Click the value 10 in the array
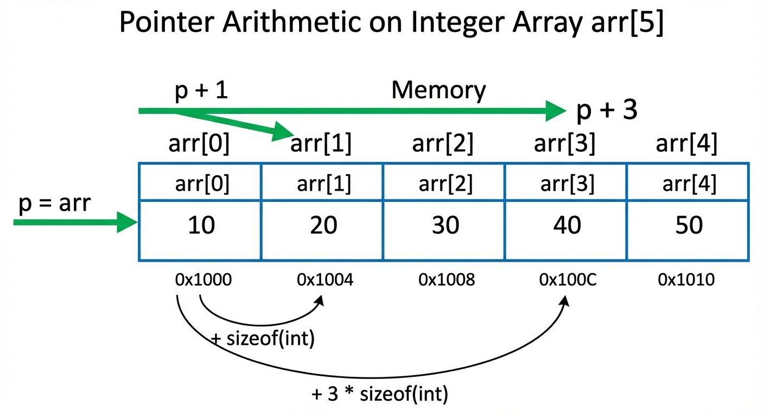pyautogui.click(x=201, y=225)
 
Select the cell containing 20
pyautogui.click(x=323, y=225)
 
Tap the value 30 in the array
pyautogui.click(x=445, y=225)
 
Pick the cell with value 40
pyautogui.click(x=567, y=225)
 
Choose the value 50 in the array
pyautogui.click(x=689, y=225)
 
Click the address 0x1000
pyautogui.click(x=203, y=280)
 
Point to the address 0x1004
pyautogui.click(x=325, y=280)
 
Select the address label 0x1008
pyautogui.click(x=447, y=280)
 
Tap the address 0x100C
pyautogui.click(x=568, y=280)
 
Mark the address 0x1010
pyautogui.click(x=686, y=280)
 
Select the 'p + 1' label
pyautogui.click(x=201, y=91)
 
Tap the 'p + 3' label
pyautogui.click(x=607, y=111)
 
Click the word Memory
pyautogui.click(x=438, y=90)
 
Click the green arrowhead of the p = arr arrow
pyautogui.click(x=128, y=223)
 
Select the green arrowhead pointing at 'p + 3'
pyautogui.click(x=556, y=111)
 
